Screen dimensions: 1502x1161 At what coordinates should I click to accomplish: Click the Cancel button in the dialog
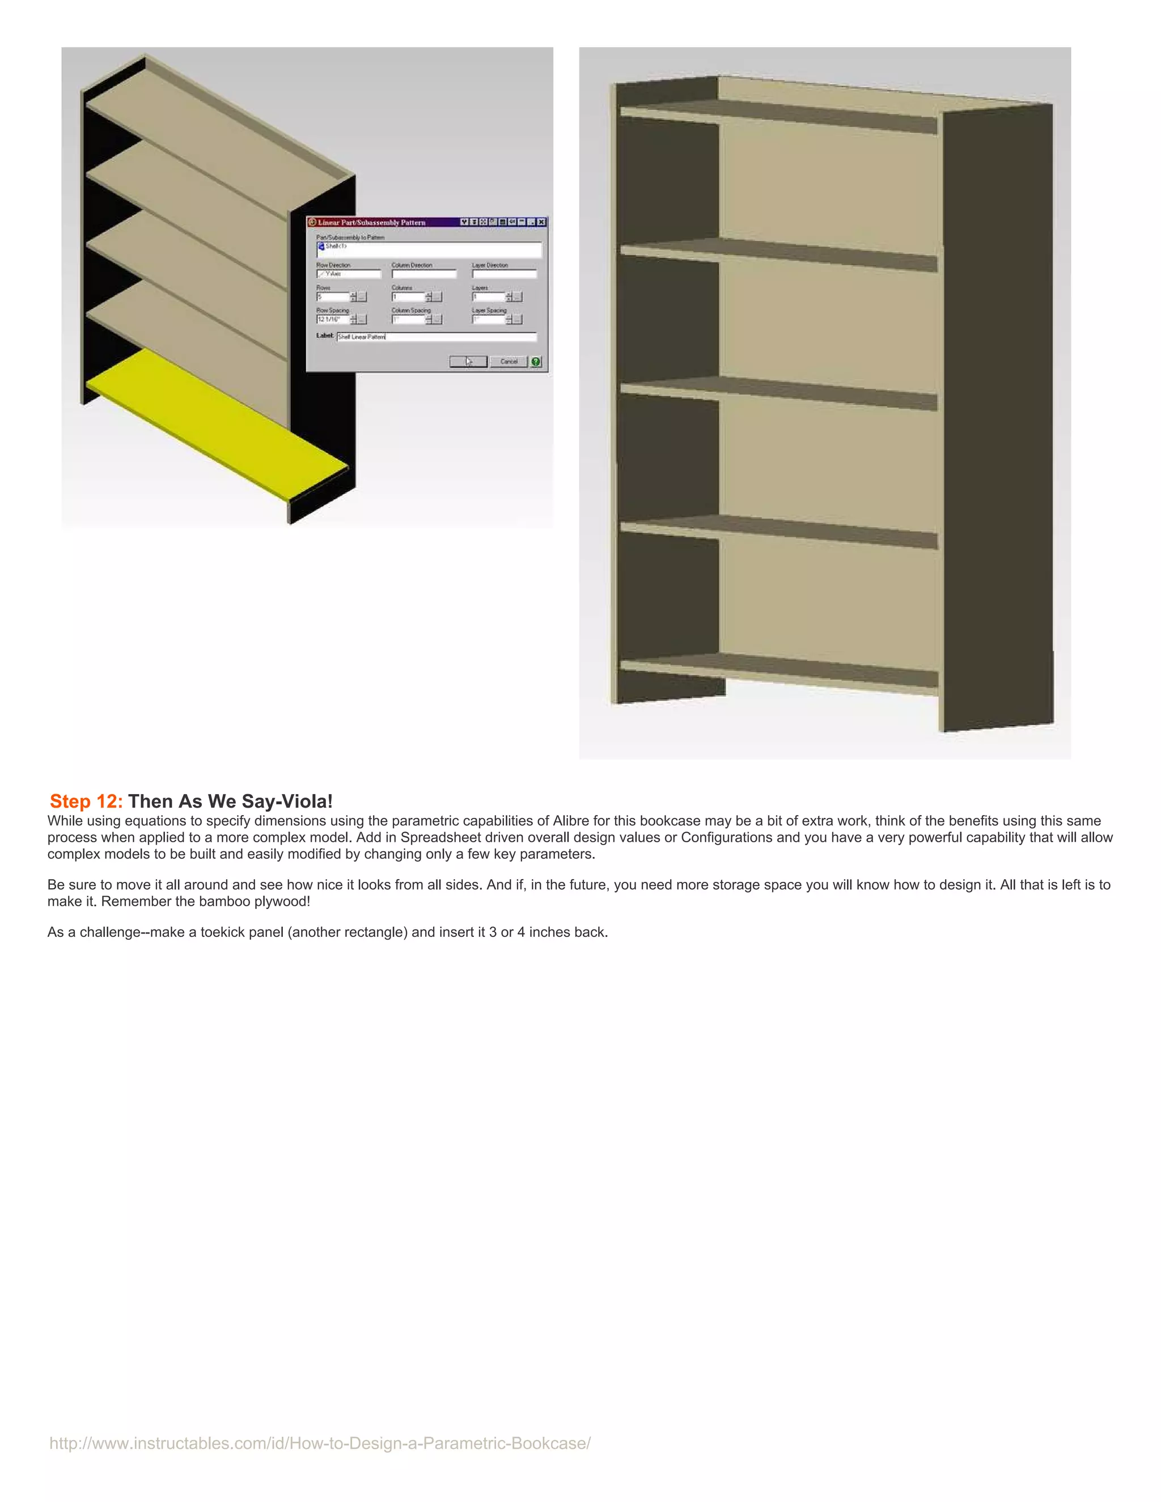coord(509,362)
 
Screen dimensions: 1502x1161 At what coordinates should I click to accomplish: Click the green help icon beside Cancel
coord(536,362)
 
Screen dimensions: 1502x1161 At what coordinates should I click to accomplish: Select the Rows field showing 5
coord(333,297)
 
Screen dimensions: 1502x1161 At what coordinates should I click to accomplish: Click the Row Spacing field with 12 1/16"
coord(333,320)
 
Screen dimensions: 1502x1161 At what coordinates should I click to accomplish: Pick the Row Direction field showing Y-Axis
coord(348,274)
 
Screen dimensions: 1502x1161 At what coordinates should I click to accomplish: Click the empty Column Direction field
coord(423,274)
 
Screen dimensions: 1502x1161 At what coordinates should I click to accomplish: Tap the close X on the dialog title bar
coord(542,222)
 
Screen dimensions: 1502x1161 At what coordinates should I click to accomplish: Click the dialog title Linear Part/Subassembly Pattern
coord(371,222)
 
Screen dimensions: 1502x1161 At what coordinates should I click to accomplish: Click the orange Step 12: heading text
coord(86,801)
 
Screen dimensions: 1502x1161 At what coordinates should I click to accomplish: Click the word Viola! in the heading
coord(307,801)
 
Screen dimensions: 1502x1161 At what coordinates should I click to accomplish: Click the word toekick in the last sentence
coord(225,932)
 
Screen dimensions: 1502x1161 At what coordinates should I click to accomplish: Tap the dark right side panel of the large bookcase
coord(997,413)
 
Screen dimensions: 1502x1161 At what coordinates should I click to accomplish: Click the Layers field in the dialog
coord(488,297)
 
